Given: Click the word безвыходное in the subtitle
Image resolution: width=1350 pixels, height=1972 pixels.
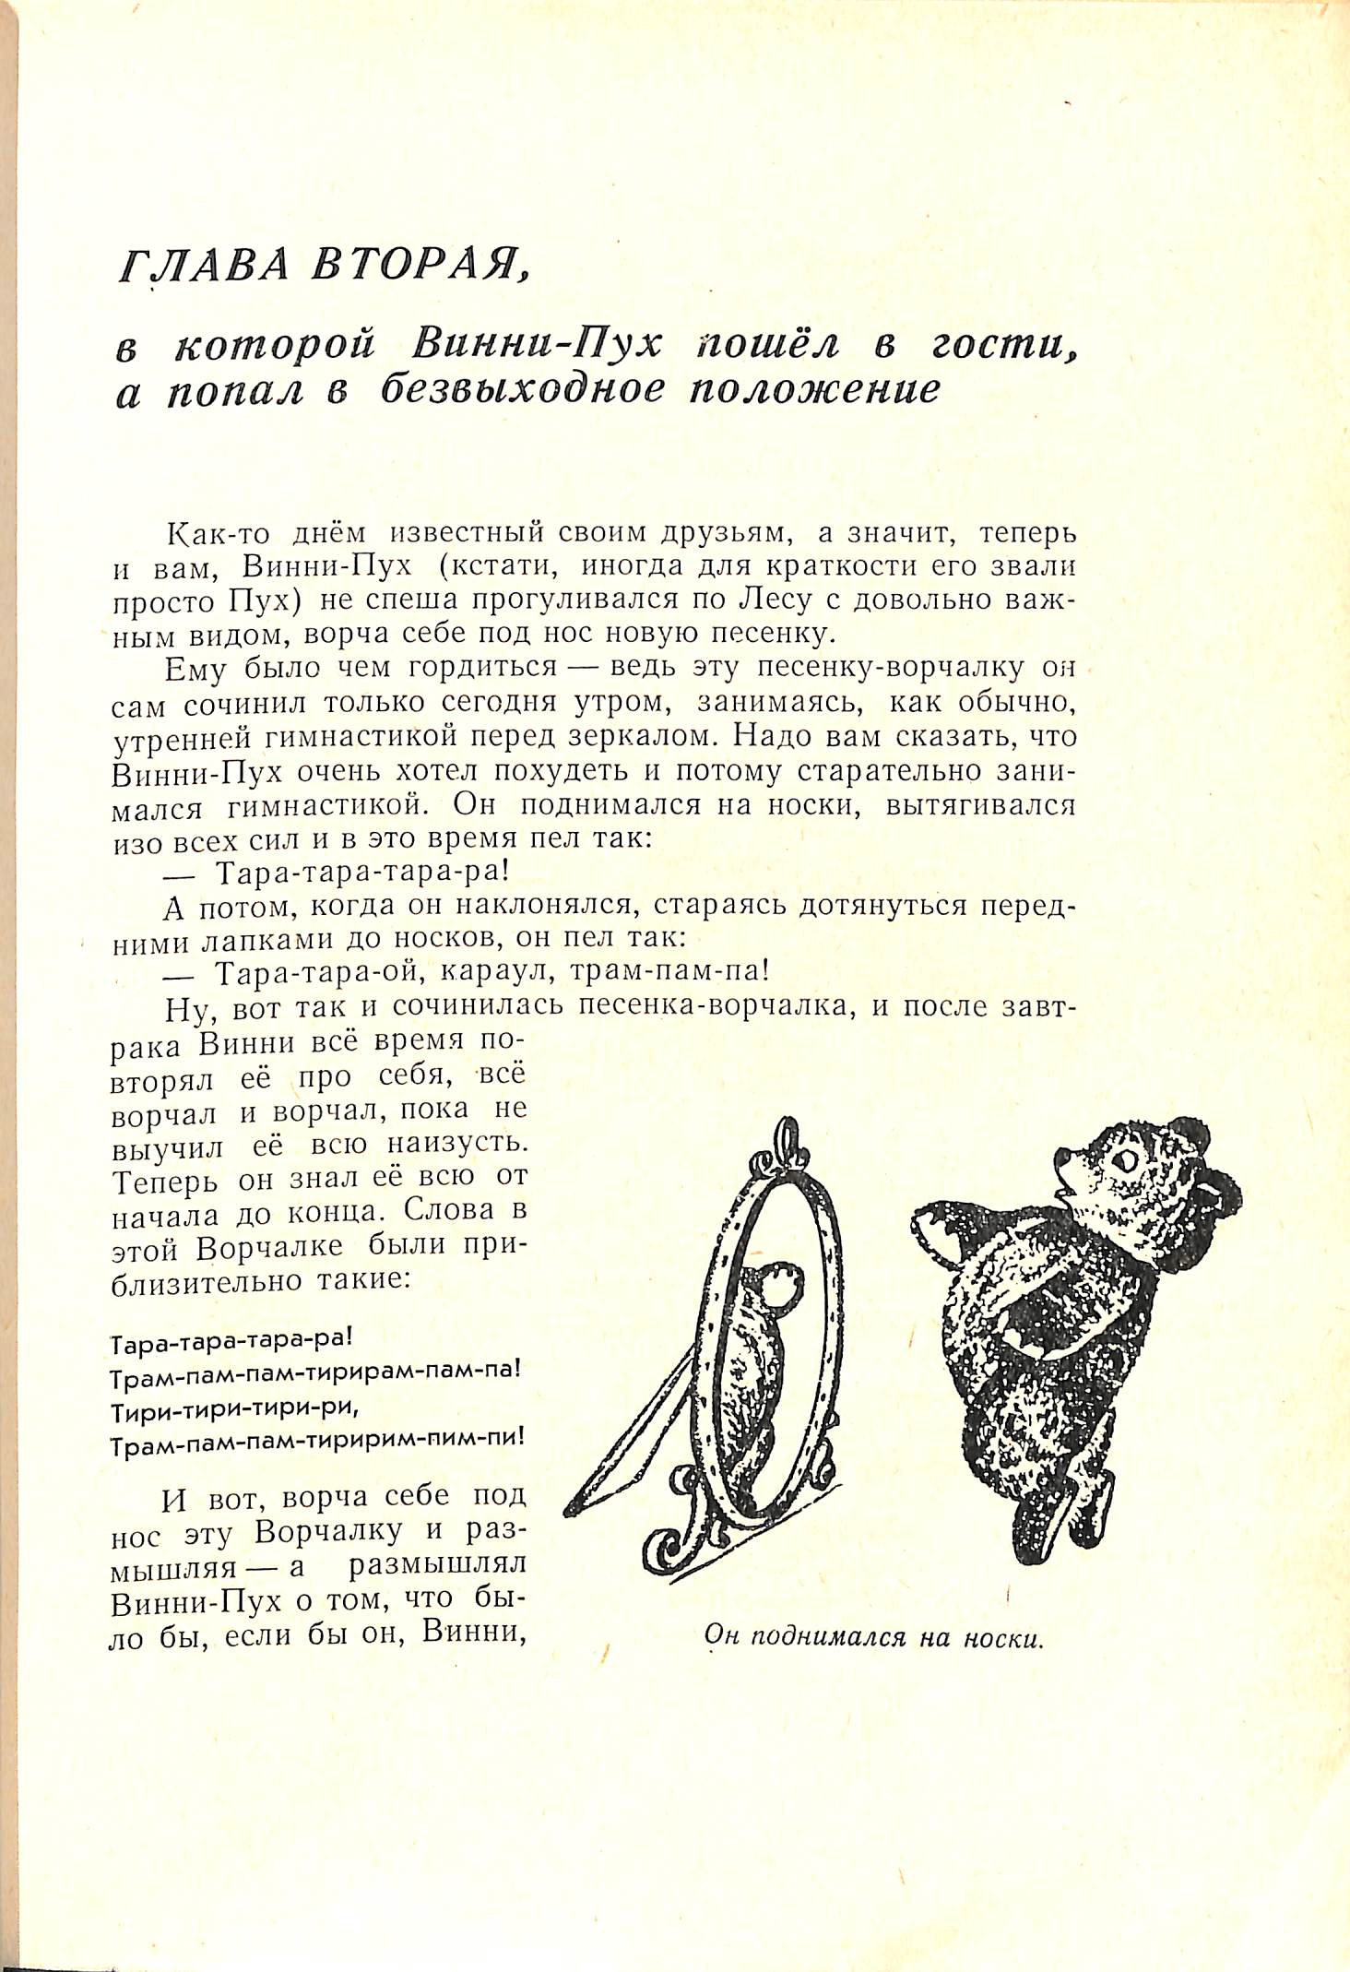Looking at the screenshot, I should click(x=522, y=389).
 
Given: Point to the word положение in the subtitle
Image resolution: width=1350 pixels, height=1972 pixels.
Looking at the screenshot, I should click(x=814, y=389).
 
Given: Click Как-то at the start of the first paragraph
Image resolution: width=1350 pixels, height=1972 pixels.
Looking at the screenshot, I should click(x=219, y=534).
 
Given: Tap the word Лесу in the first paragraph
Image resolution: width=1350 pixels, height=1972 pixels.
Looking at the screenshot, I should click(x=775, y=600).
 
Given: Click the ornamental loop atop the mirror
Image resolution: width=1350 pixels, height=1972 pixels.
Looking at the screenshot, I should click(x=786, y=1143).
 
